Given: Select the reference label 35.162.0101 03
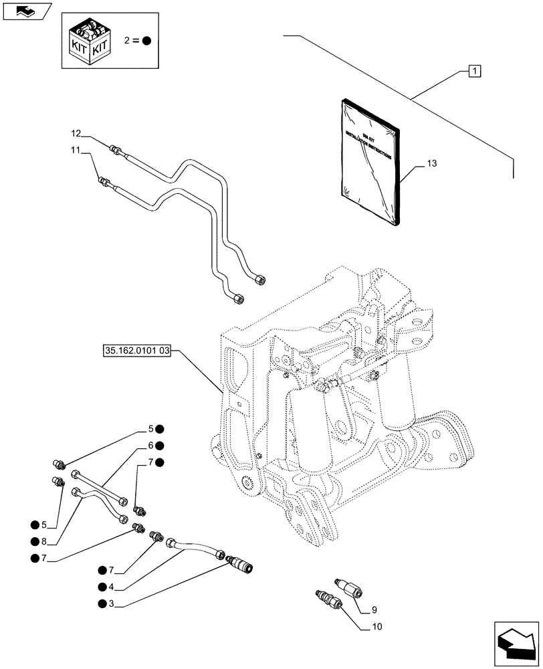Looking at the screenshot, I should pyautogui.click(x=137, y=350).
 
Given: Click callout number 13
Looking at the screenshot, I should pyautogui.click(x=432, y=163).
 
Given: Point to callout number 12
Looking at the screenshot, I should pyautogui.click(x=76, y=132).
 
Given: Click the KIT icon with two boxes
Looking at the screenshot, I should pyautogui.click(x=90, y=39).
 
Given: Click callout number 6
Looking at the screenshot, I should pyautogui.click(x=151, y=445).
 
